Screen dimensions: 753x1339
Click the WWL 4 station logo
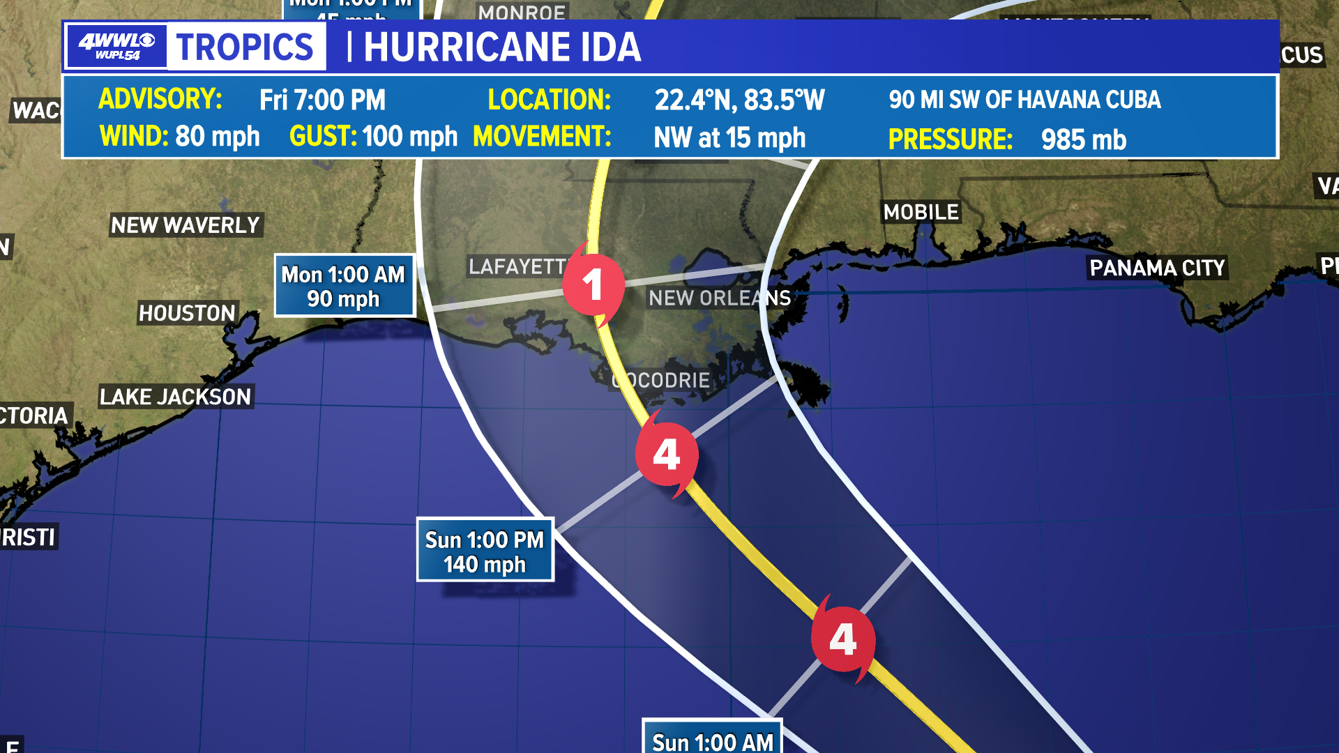click(x=116, y=47)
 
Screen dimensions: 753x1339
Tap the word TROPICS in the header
click(x=245, y=47)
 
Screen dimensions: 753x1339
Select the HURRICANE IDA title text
click(x=502, y=47)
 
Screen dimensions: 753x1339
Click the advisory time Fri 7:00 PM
click(x=322, y=100)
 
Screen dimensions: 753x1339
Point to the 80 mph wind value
click(x=218, y=137)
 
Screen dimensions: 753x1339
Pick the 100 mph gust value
click(x=409, y=137)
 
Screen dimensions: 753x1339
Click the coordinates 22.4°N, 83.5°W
click(x=739, y=100)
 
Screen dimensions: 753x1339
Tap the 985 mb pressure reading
click(x=1083, y=139)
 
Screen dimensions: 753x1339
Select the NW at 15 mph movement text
click(x=729, y=138)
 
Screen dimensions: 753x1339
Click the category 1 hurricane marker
click(x=593, y=284)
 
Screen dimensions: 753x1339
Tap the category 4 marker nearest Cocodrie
click(x=667, y=455)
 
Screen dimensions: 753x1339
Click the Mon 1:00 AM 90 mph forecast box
click(x=344, y=286)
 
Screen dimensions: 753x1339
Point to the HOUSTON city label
click(x=187, y=313)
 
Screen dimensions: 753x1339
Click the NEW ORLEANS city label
click(x=720, y=298)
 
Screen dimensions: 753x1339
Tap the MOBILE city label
click(x=921, y=212)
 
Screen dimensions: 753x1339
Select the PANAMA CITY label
click(x=1157, y=268)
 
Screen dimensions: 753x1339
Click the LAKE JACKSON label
click(x=175, y=397)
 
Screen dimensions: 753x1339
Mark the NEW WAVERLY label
click(x=186, y=225)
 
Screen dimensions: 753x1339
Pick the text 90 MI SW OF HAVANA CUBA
click(x=1024, y=100)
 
